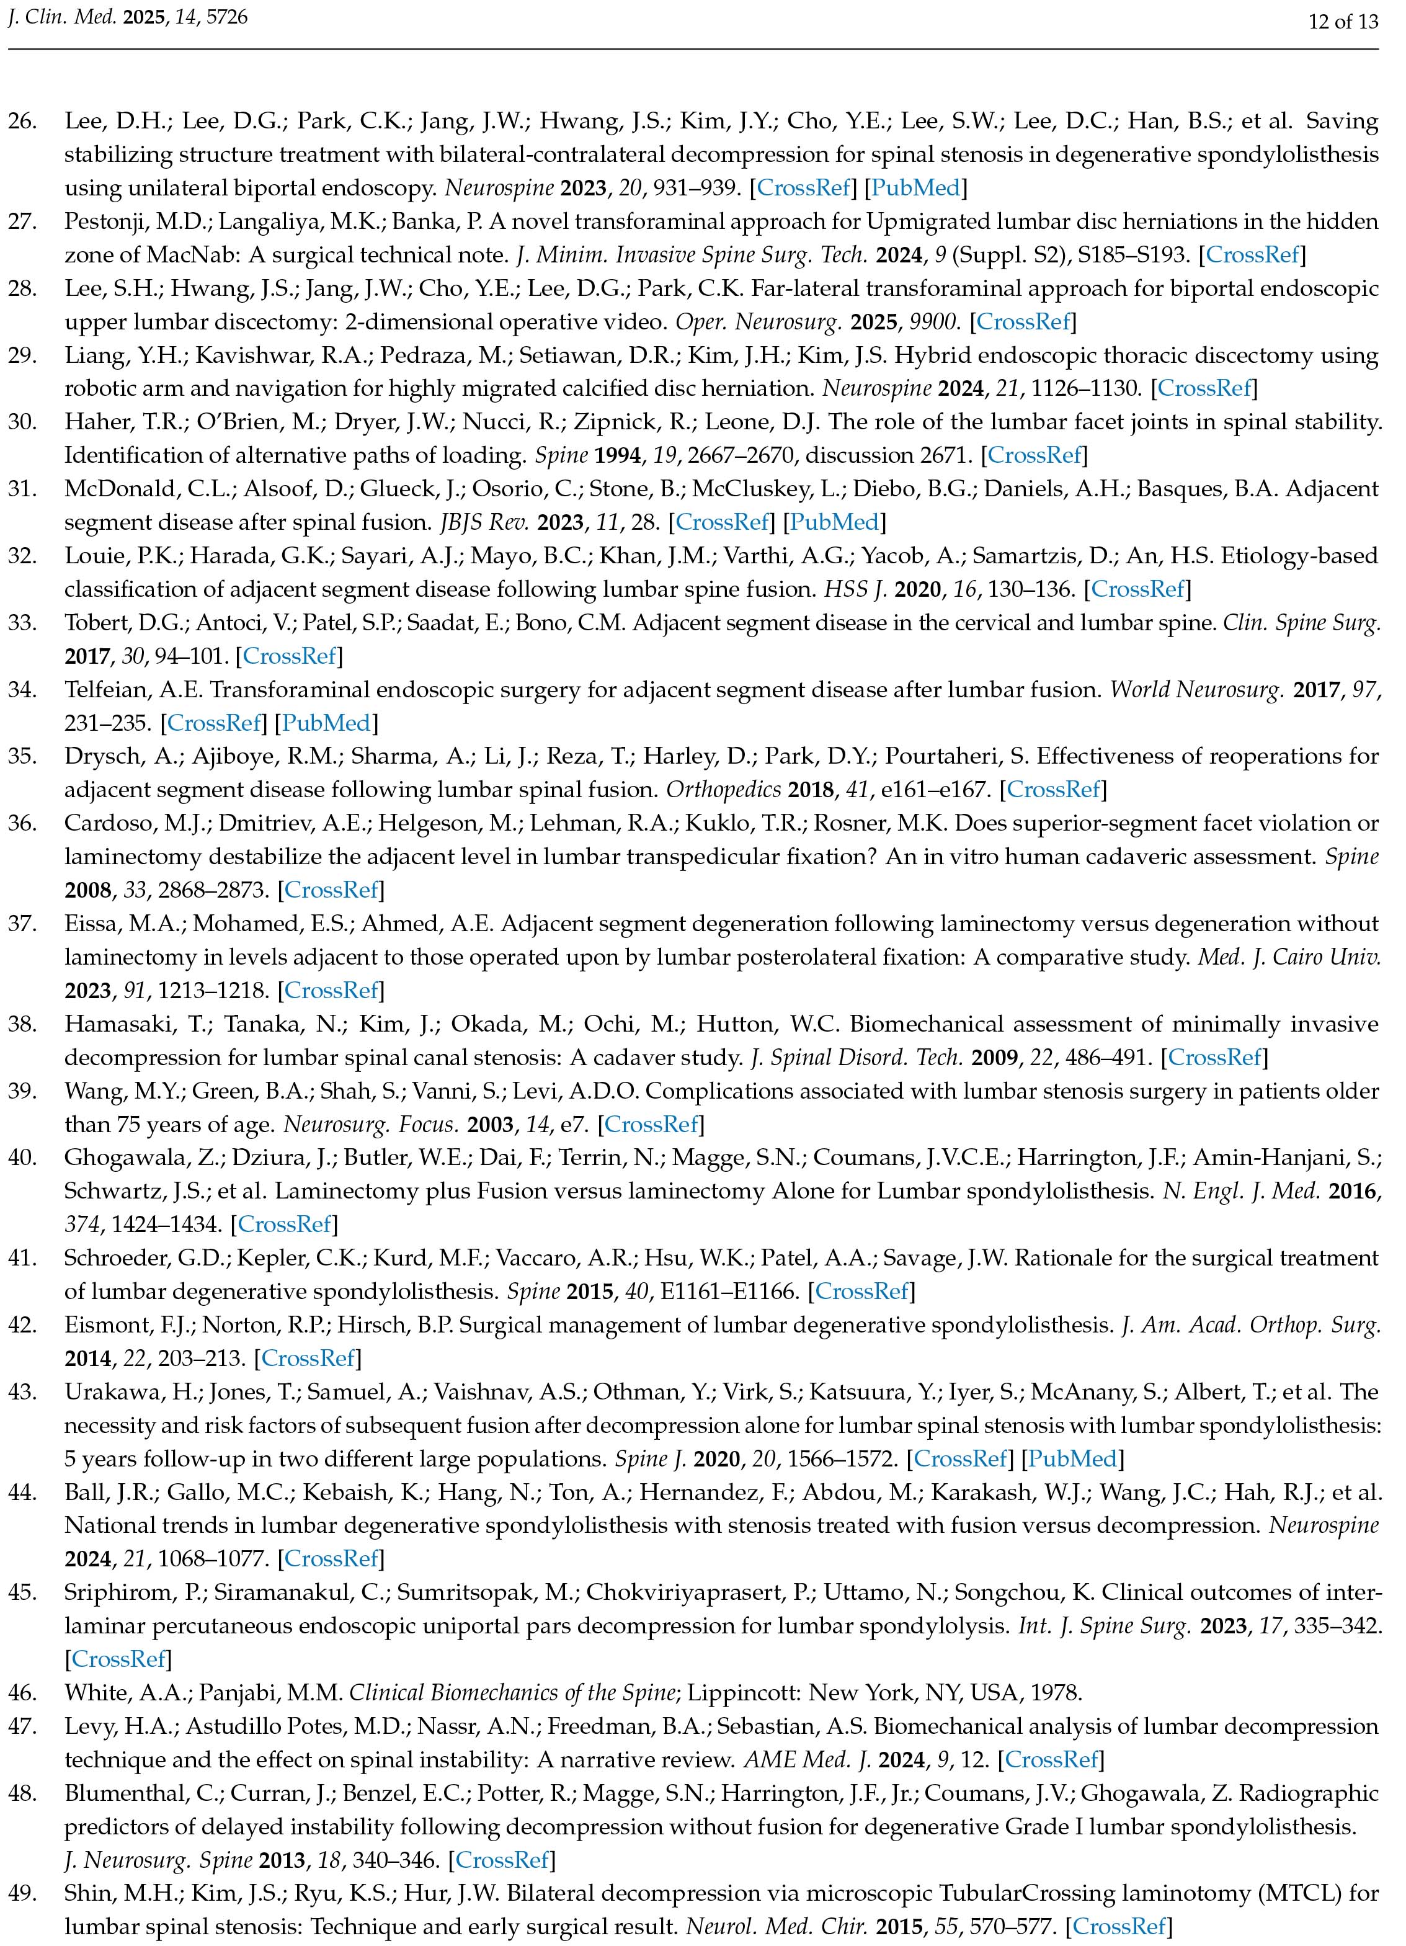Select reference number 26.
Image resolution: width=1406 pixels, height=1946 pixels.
point(22,121)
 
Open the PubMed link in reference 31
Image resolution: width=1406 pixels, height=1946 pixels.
point(837,522)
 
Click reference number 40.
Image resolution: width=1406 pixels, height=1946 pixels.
point(22,1158)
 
